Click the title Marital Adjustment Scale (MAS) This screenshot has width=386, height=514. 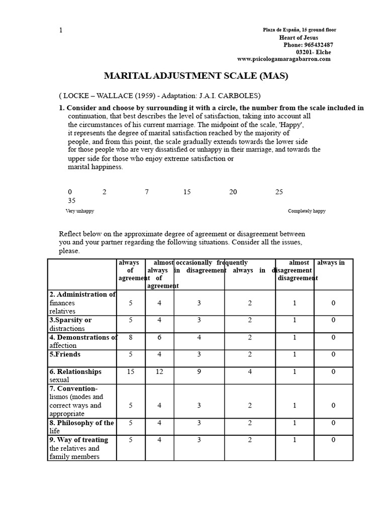(x=196, y=76)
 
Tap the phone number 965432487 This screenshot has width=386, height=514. (x=315, y=45)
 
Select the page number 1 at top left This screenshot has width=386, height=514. (x=61, y=30)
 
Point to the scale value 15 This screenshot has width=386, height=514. (x=187, y=192)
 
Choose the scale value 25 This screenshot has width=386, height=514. (x=279, y=192)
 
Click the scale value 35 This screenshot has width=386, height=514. (x=72, y=200)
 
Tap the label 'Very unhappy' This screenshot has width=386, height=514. (x=80, y=211)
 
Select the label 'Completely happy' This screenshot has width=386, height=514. (x=307, y=211)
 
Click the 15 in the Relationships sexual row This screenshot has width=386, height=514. (x=131, y=371)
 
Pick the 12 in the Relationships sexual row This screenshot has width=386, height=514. (x=159, y=371)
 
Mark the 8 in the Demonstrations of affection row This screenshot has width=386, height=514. (x=131, y=337)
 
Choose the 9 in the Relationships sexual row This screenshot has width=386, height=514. (x=199, y=371)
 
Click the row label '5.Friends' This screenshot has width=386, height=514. (x=65, y=354)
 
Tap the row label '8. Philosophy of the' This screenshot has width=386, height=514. (x=81, y=423)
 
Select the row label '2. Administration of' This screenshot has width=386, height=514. (x=82, y=295)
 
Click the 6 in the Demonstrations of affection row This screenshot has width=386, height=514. (x=159, y=337)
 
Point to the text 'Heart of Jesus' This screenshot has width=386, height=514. (x=299, y=38)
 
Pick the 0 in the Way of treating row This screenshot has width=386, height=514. (x=333, y=440)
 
